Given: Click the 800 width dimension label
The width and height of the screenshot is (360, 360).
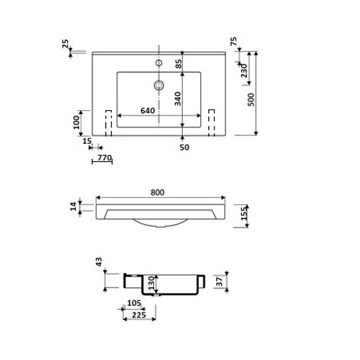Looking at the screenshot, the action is [158, 192].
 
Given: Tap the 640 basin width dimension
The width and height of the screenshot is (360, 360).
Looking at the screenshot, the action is [148, 111].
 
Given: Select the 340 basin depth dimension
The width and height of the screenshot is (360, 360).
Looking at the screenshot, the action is [178, 99].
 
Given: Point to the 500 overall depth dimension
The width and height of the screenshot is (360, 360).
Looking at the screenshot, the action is [251, 99].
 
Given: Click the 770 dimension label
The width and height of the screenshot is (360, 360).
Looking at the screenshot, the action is [105, 158].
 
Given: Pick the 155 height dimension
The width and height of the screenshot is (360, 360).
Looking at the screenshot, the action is [244, 213].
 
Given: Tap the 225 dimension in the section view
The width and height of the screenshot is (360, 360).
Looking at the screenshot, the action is [139, 315].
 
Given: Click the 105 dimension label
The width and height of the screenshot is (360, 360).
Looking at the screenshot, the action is [134, 303].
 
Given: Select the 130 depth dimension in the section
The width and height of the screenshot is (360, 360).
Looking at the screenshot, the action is [151, 283].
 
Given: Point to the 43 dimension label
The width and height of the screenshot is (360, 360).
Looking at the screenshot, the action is [99, 262].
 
